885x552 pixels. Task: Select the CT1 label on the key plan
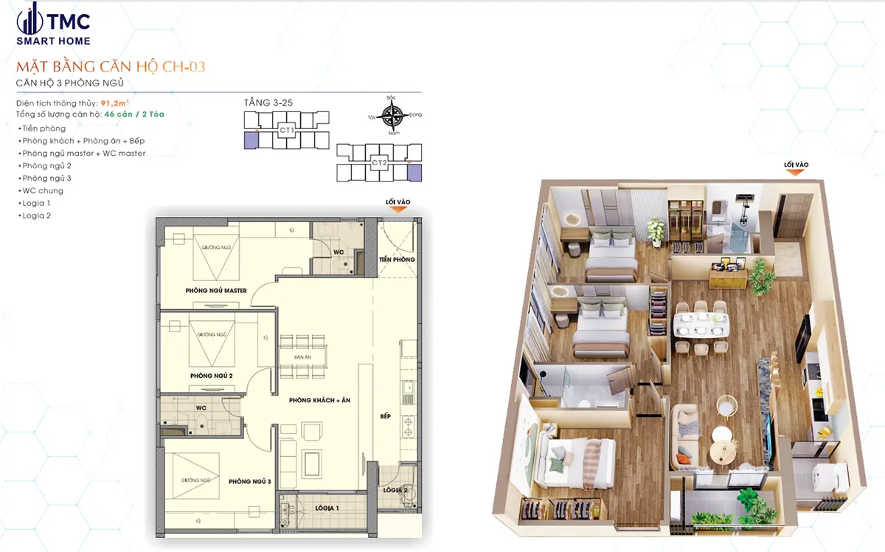click(286, 130)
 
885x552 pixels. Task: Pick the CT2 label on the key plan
click(379, 162)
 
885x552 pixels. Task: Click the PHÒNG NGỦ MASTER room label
click(215, 291)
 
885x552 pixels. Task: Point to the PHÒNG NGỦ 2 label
click(212, 376)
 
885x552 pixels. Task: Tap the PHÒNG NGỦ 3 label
click(250, 481)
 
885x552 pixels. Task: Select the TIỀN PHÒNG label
click(397, 260)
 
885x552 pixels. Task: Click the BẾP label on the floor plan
click(385, 415)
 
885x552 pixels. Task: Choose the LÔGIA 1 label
click(327, 508)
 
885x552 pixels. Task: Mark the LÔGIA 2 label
click(396, 490)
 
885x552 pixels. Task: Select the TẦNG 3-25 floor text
click(268, 103)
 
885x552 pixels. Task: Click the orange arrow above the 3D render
click(794, 173)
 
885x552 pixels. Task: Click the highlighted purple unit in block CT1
click(251, 140)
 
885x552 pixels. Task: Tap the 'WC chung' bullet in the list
click(43, 190)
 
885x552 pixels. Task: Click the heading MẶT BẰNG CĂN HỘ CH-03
click(110, 67)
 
